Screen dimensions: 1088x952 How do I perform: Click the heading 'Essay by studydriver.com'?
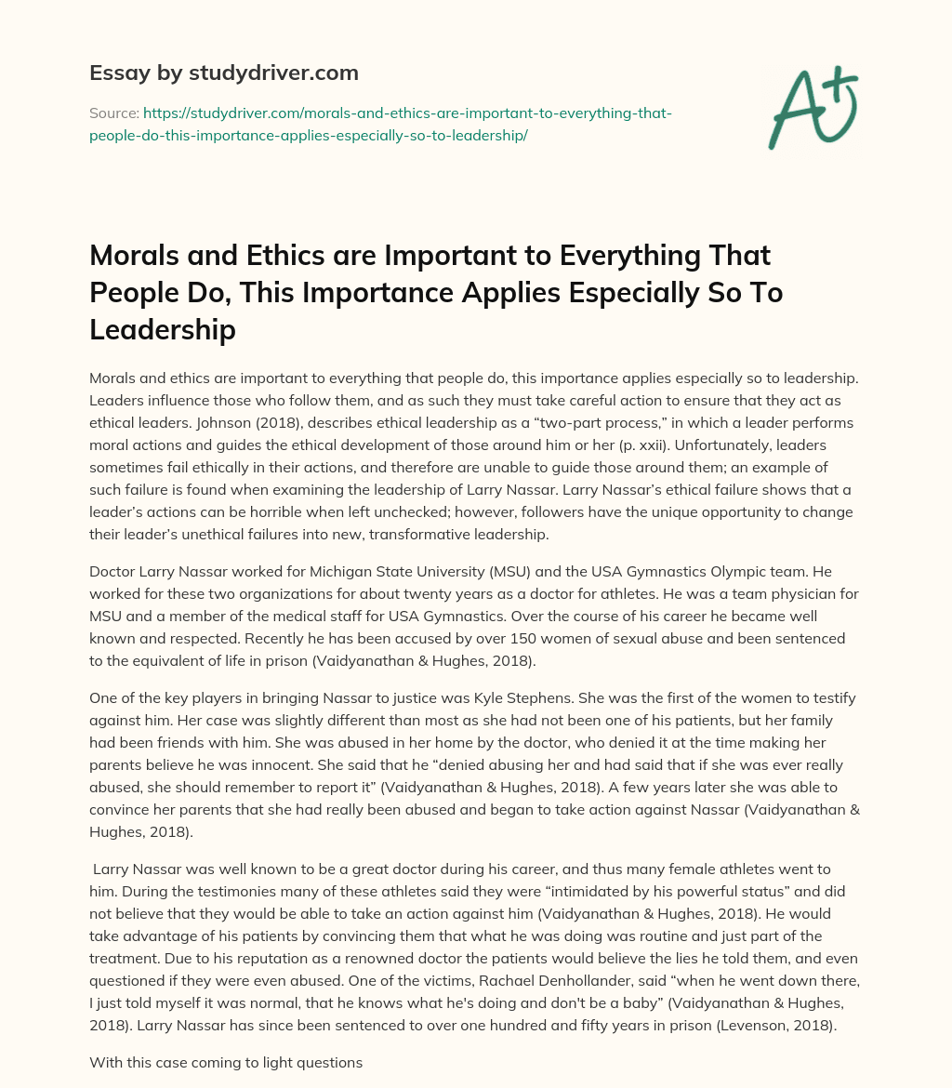[x=224, y=72]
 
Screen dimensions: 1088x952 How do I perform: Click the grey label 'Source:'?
[x=113, y=113]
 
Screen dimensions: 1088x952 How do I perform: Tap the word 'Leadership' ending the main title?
[x=163, y=329]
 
